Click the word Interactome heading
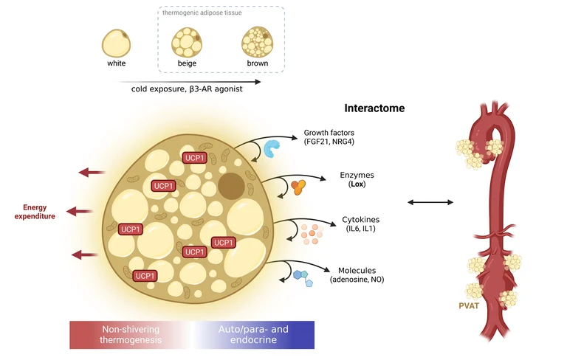coord(374,108)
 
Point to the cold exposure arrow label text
coord(182,88)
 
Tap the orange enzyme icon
coord(297,188)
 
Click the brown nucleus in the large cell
coord(232,184)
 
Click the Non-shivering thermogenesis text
coord(131,335)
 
